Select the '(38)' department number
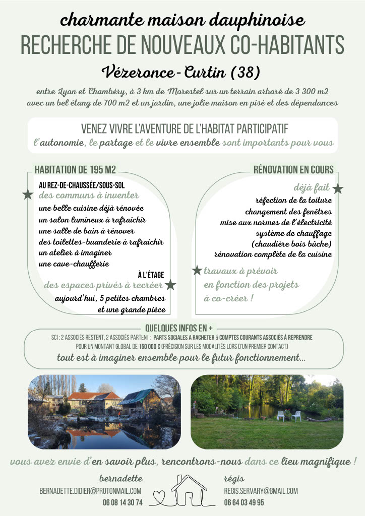[245, 72]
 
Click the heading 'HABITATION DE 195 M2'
[75, 170]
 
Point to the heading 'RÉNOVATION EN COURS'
[293, 170]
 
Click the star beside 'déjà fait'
[337, 189]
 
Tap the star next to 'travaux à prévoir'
[197, 271]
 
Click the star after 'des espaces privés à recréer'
[171, 285]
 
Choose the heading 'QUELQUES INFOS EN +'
[178, 328]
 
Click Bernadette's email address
[90, 491]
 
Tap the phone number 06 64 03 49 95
[244, 502]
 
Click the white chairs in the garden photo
[288, 416]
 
